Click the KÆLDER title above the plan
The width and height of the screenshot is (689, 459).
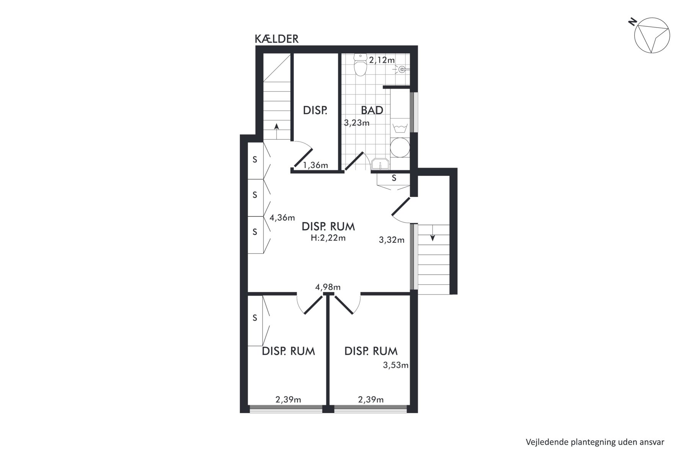pos(276,39)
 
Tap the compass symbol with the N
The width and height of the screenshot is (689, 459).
pos(651,35)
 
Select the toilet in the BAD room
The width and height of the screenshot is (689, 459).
pos(360,64)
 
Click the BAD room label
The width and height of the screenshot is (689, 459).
pos(372,110)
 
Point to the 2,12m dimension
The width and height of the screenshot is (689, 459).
pos(382,60)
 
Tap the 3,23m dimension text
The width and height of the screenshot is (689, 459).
pos(357,123)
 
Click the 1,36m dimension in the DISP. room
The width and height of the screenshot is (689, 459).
pos(316,165)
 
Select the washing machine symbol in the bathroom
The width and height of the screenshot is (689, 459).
pos(400,127)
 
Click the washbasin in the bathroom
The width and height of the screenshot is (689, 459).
pos(380,163)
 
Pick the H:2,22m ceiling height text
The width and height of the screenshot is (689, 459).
pos(328,238)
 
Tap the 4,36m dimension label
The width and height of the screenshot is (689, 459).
pos(282,218)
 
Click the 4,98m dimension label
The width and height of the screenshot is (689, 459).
pos(328,287)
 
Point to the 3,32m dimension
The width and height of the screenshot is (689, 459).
pos(392,240)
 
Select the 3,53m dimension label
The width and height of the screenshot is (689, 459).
pos(396,365)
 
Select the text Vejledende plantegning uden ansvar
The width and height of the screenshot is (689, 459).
pos(595,442)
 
